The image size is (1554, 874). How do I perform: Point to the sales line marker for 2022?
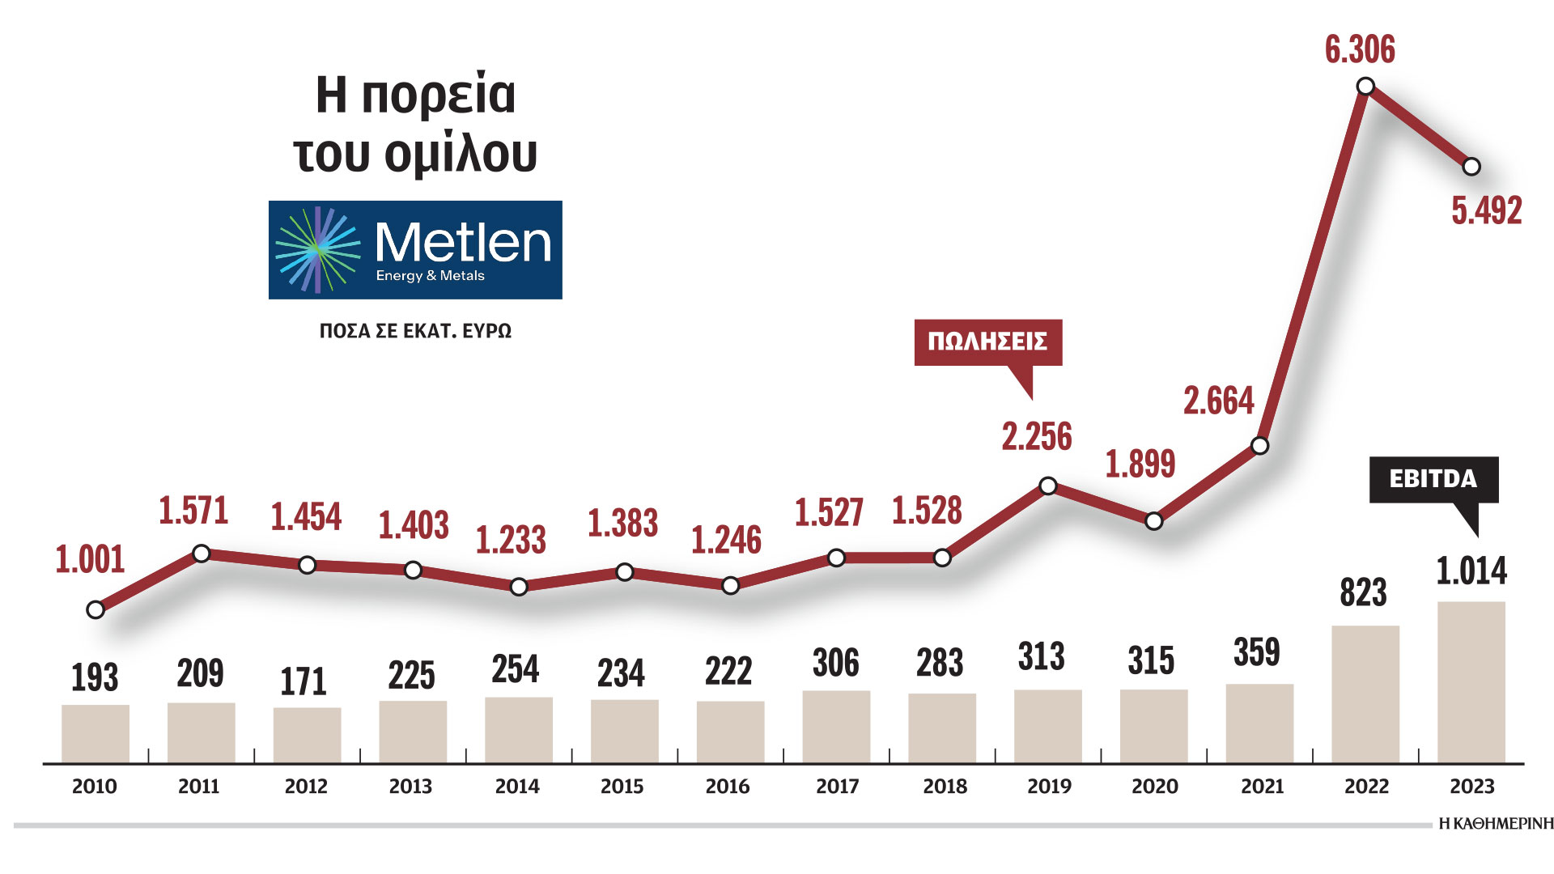[x=1365, y=86]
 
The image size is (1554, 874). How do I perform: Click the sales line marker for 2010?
[x=96, y=609]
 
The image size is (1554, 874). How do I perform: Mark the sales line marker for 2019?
[x=1048, y=486]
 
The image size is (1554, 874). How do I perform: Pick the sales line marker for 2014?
[x=519, y=586]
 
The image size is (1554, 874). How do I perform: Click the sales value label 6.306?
[x=1360, y=50]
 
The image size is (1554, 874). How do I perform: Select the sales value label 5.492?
[x=1486, y=210]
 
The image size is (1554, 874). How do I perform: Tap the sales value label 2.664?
[x=1218, y=401]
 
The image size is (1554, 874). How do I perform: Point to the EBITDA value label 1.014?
[x=1471, y=571]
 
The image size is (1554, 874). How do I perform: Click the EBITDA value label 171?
[x=304, y=681]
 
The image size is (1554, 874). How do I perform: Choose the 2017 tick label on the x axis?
[x=837, y=786]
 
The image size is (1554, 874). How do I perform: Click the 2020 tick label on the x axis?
[x=1154, y=786]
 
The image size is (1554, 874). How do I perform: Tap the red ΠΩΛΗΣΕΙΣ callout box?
[x=987, y=342]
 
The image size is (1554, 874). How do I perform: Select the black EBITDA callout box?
[x=1433, y=479]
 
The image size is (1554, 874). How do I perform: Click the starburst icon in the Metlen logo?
[x=317, y=249]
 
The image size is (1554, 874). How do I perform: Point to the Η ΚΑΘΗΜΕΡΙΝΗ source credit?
[x=1496, y=824]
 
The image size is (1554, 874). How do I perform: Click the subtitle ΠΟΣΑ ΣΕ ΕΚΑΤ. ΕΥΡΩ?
[x=415, y=331]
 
